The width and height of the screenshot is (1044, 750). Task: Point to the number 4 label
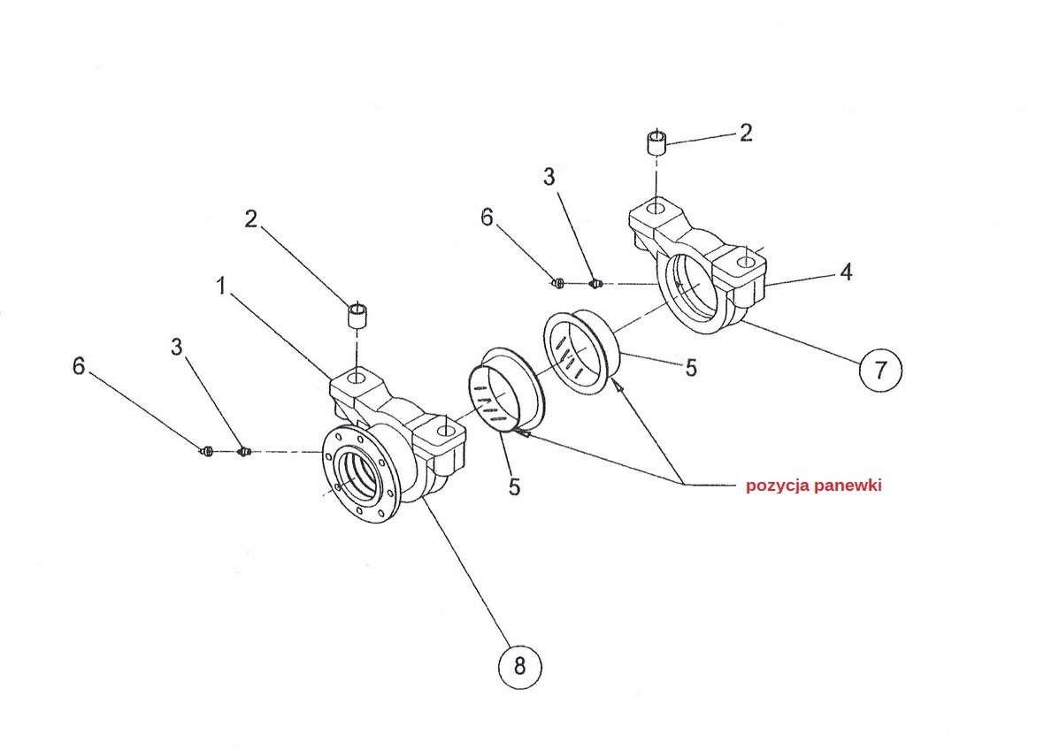[x=846, y=272]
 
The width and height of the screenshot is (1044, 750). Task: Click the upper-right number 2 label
[x=745, y=133]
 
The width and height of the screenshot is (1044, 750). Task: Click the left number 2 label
[x=251, y=218]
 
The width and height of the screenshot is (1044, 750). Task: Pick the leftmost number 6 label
[x=79, y=365]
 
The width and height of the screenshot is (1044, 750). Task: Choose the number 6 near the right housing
[x=487, y=217]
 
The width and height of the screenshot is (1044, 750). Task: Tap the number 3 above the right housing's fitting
[x=549, y=177]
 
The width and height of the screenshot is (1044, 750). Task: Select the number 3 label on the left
[x=177, y=348]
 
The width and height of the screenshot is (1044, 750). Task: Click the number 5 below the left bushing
[x=514, y=486]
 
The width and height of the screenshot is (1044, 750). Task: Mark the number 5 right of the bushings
[x=691, y=366]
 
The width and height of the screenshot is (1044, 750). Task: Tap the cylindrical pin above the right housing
[x=656, y=143]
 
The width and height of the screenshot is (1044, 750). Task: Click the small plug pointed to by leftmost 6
[x=206, y=452]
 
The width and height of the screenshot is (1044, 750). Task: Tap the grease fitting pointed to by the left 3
[x=244, y=452]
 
